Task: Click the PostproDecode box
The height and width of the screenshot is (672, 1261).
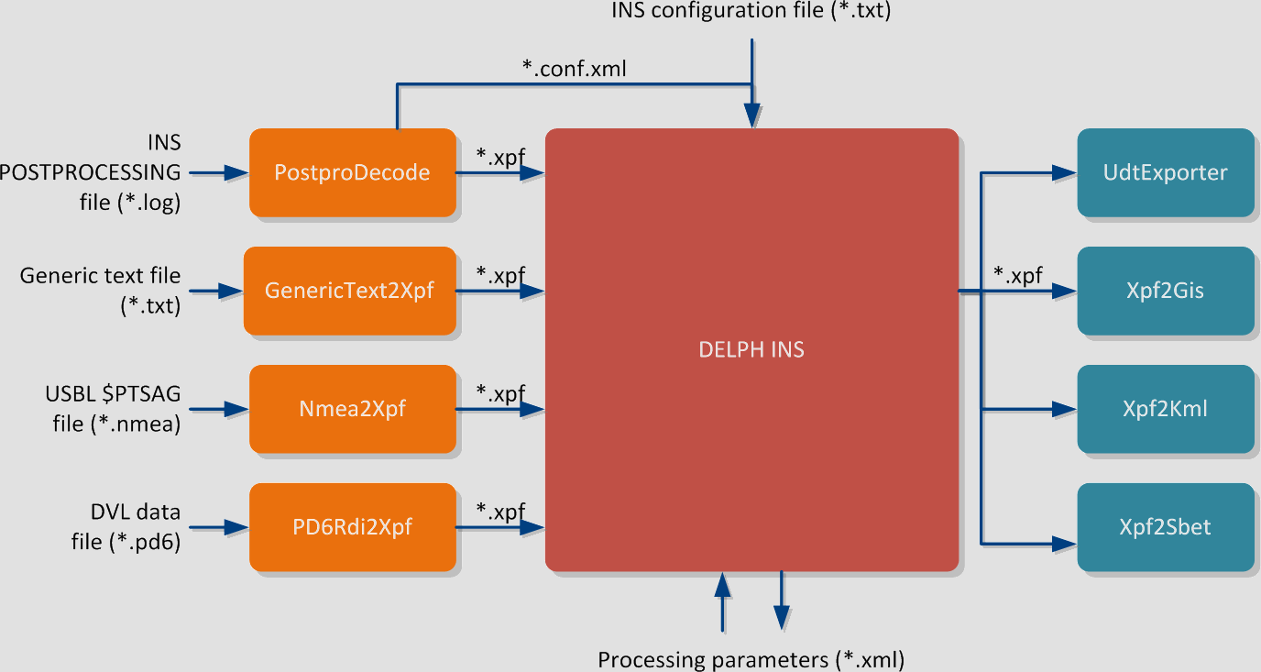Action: pyautogui.click(x=352, y=172)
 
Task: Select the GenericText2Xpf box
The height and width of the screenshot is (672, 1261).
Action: pyautogui.click(x=349, y=291)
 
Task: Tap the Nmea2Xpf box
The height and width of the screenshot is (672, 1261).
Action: pyautogui.click(x=352, y=409)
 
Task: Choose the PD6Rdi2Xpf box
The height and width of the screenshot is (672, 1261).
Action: pyautogui.click(x=352, y=527)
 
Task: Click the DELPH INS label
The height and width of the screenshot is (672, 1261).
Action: pyautogui.click(x=751, y=349)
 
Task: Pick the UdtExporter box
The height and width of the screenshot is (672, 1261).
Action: pyautogui.click(x=1165, y=172)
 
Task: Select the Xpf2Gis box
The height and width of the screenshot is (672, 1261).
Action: pyautogui.click(x=1165, y=291)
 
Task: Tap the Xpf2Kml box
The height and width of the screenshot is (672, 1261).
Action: pyautogui.click(x=1165, y=409)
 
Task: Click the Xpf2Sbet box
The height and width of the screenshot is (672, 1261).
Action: pyautogui.click(x=1165, y=527)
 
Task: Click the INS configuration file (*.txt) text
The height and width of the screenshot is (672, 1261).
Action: pyautogui.click(x=751, y=12)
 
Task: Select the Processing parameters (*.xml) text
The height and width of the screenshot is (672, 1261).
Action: pyautogui.click(x=751, y=659)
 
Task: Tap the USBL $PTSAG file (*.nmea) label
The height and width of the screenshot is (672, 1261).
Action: pyautogui.click(x=114, y=409)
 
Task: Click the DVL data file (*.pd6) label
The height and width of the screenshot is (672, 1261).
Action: pyautogui.click(x=126, y=527)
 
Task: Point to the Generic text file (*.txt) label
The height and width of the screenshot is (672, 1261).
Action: pyautogui.click(x=101, y=291)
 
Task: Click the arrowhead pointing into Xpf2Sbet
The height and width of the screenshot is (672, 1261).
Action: pyautogui.click(x=1065, y=543)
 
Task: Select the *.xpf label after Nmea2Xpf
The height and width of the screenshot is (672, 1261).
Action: pyautogui.click(x=500, y=393)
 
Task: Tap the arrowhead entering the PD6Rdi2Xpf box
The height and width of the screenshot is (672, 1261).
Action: pyautogui.click(x=238, y=527)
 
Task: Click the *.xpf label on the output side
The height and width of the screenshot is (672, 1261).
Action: pyautogui.click(x=1017, y=275)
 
